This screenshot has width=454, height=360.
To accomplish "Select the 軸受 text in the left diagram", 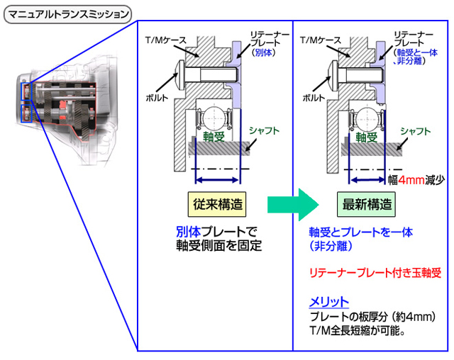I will click(211, 137).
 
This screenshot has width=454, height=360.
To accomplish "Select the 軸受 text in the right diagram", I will click(366, 137).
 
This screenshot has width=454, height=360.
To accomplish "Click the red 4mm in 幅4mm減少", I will click(411, 180).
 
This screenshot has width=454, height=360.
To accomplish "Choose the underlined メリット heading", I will click(328, 300).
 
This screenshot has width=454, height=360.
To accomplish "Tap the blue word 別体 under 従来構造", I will click(188, 232).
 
